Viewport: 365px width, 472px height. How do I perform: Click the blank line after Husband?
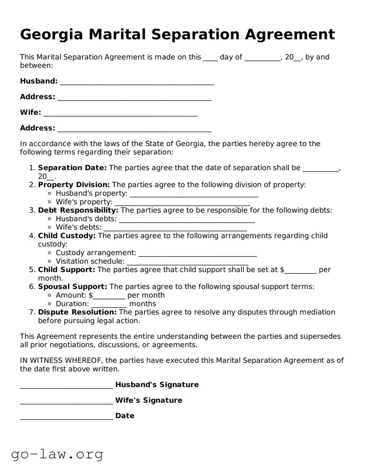pyautogui.click(x=137, y=82)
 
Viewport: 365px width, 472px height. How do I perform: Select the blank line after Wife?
pyautogui.click(x=120, y=114)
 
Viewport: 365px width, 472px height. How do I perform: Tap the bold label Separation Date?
pyautogui.click(x=72, y=168)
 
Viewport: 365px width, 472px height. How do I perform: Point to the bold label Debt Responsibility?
pyautogui.click(x=78, y=210)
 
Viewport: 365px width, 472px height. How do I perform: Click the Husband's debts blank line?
pyautogui.click(x=187, y=220)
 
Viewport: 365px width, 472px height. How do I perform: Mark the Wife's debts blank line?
pyautogui.click(x=175, y=229)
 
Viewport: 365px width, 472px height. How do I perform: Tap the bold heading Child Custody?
pyautogui.click(x=67, y=236)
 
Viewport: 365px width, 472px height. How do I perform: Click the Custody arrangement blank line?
pyautogui.click(x=197, y=254)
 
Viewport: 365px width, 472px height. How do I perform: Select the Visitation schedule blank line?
pyautogui.click(x=187, y=262)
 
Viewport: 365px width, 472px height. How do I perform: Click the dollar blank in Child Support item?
pyautogui.click(x=300, y=271)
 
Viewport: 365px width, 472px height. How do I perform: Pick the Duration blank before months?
pyautogui.click(x=109, y=305)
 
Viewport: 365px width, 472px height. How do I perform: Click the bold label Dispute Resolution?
pyautogui.click(x=77, y=312)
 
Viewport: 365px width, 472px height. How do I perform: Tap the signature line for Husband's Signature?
pyautogui.click(x=66, y=386)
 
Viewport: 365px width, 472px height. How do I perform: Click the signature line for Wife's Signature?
pyautogui.click(x=66, y=401)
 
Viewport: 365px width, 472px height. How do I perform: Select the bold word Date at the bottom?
pyautogui.click(x=125, y=416)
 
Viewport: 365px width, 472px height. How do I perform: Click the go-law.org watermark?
pyautogui.click(x=57, y=454)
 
